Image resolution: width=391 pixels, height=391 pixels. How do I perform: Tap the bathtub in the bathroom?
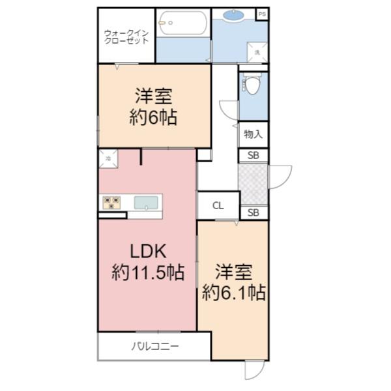[182, 24]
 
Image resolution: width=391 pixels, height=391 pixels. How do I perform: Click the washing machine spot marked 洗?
[257, 52]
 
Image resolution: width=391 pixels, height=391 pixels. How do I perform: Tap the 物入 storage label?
[253, 135]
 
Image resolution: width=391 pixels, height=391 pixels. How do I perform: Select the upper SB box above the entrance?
[253, 156]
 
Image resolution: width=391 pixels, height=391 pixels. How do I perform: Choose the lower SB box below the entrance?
[253, 212]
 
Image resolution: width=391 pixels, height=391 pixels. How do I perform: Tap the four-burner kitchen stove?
[112, 203]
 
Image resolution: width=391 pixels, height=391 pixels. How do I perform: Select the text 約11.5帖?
[147, 272]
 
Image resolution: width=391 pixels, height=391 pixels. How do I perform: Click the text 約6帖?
[154, 118]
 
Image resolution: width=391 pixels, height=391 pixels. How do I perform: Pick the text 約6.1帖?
[233, 291]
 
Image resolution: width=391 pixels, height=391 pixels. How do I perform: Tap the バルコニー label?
[154, 345]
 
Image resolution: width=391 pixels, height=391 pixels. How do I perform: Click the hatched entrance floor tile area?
[253, 184]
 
